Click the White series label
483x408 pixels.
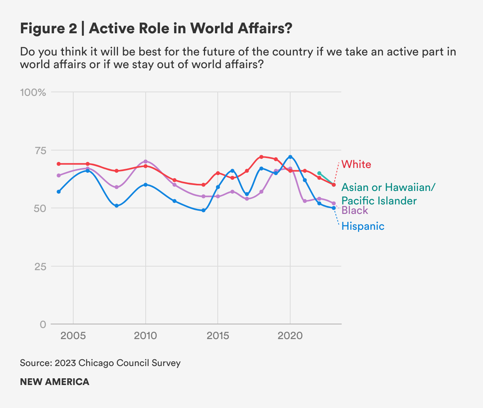[x=356, y=164]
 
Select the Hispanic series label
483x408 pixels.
[x=363, y=226]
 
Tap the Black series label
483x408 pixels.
[x=355, y=210]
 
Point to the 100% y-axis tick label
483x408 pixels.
[x=33, y=92]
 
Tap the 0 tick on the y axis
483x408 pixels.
[x=43, y=324]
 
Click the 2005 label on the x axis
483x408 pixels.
[x=73, y=336]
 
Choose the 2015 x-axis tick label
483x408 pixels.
[x=218, y=336]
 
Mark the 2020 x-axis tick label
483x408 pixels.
[x=290, y=336]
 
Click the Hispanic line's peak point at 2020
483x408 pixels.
[x=290, y=157]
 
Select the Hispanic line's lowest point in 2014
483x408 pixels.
[x=203, y=210]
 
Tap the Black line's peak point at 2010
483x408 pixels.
[x=146, y=162]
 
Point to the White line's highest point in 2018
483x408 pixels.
[x=261, y=157]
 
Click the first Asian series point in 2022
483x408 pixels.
[x=319, y=173]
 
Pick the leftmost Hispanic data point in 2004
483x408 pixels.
[x=59, y=192]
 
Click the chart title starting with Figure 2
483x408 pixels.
[x=156, y=29]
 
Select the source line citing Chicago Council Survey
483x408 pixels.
[x=100, y=363]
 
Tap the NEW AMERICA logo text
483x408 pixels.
[x=55, y=382]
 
